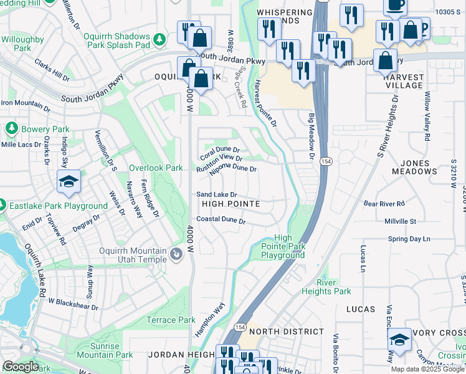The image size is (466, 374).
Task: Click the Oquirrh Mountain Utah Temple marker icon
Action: point(176,255)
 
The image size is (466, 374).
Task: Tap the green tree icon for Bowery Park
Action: point(11,128)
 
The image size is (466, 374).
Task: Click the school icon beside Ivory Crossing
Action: point(399,340)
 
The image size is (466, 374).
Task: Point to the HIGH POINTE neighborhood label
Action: point(230,204)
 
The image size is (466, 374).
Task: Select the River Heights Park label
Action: point(326,287)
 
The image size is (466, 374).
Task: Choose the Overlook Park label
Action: point(156,168)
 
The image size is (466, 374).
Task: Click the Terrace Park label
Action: point(171,320)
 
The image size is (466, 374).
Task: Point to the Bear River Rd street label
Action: point(384,203)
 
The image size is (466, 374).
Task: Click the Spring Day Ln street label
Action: point(409,239)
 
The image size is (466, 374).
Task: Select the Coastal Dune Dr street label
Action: point(221,220)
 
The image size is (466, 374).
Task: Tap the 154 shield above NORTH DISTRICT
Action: point(240,327)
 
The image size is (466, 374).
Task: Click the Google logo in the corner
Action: point(20,367)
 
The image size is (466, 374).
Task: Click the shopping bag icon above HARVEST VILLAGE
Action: point(386,61)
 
